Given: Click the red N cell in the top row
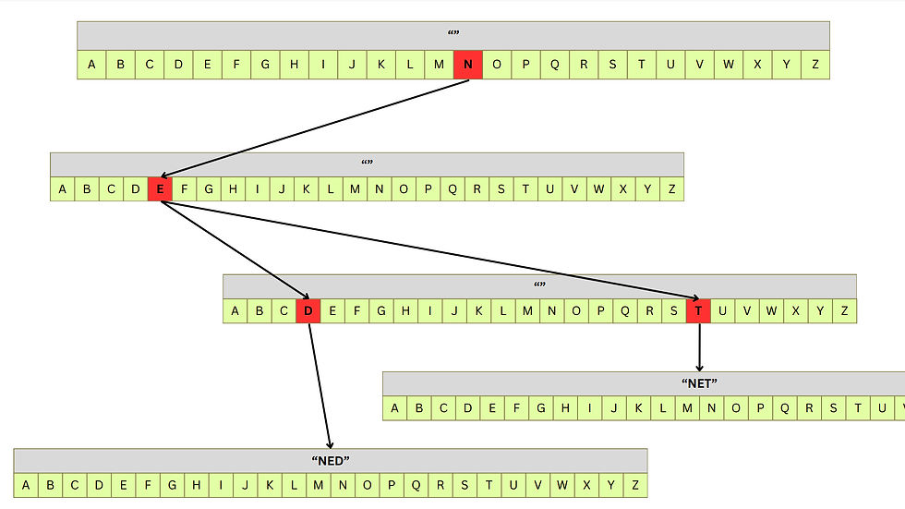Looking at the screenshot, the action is pyautogui.click(x=468, y=65).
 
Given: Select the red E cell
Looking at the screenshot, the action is pyautogui.click(x=160, y=189).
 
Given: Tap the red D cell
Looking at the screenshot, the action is pyautogui.click(x=308, y=311).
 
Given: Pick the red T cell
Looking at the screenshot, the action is pyautogui.click(x=698, y=311).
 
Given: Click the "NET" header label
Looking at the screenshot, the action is pyautogui.click(x=699, y=382).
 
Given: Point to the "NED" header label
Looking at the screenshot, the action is pyautogui.click(x=331, y=460).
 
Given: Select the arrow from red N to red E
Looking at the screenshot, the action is pyautogui.click(x=314, y=127).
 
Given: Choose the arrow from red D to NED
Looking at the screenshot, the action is pyautogui.click(x=320, y=383).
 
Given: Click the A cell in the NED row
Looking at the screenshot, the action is pyautogui.click(x=25, y=485).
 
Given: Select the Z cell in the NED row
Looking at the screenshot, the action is pyautogui.click(x=634, y=485).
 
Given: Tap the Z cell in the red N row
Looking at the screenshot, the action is pyautogui.click(x=814, y=65).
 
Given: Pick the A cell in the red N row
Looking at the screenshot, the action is pyautogui.click(x=90, y=65).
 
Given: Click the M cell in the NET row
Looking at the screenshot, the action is pyautogui.click(x=688, y=408).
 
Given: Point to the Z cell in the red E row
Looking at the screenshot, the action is pyautogui.click(x=671, y=189).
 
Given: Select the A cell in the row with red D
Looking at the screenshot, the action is pyautogui.click(x=235, y=311).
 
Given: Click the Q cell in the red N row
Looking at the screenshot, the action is pyautogui.click(x=555, y=65).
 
